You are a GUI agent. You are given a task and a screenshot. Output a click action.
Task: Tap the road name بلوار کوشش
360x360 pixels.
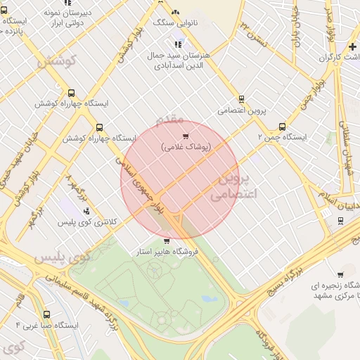point(126,47)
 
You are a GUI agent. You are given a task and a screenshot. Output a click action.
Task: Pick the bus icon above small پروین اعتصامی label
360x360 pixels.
point(242,99)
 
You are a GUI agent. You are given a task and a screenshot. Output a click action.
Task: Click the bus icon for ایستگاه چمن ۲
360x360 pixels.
point(282,127)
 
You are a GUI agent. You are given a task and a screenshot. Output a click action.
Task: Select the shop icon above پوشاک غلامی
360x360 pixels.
point(186,136)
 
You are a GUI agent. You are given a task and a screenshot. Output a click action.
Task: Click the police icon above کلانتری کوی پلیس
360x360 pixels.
point(86,211)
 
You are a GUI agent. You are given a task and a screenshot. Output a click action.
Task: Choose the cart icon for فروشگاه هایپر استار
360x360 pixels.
point(166,241)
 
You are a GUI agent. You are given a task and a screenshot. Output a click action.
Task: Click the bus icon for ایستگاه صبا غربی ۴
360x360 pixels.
point(46,315)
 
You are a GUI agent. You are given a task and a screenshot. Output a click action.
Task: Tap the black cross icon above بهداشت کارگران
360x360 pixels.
point(352,46)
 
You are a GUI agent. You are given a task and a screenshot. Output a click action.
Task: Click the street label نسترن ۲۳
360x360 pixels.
point(254,34)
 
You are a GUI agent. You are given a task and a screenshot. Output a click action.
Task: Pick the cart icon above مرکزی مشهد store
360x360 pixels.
point(340,275)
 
